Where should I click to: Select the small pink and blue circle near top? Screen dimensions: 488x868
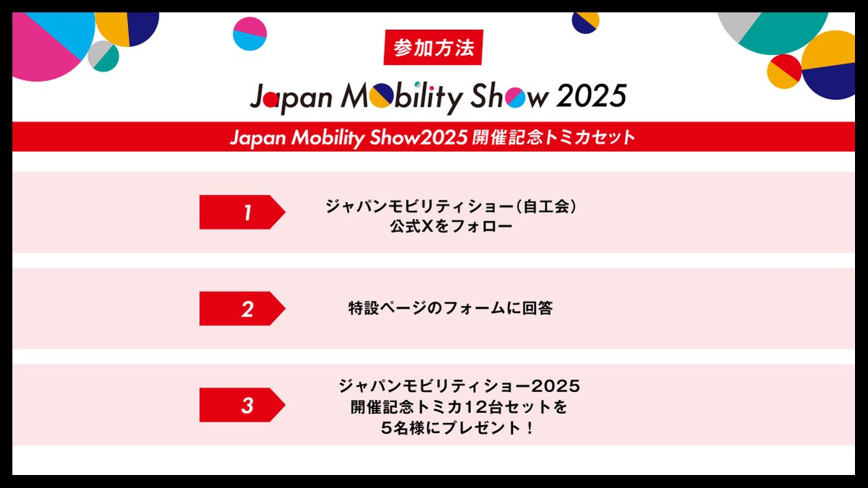[250, 33]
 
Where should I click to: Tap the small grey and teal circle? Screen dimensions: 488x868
[103, 56]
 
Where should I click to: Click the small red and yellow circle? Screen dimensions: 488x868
[784, 70]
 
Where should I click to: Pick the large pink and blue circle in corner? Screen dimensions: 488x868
[47, 40]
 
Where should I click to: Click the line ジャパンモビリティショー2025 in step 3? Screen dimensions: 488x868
[459, 385]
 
